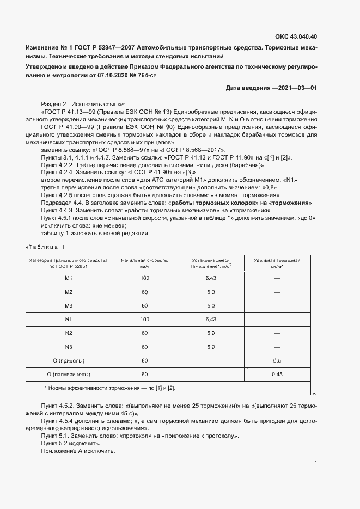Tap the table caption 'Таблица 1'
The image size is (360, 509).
point(48,248)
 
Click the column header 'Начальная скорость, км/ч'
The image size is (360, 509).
point(144,263)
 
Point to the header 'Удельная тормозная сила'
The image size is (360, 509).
point(277,263)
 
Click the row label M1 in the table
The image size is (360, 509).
point(69,278)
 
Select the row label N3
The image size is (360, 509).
point(69,347)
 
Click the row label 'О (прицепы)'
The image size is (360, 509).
point(69,360)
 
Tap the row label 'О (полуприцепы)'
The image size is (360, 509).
point(69,375)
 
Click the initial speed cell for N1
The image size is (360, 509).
point(144,319)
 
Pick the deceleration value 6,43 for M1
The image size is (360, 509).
point(211,278)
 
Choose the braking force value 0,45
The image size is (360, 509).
point(277,375)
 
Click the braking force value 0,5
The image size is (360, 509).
point(277,360)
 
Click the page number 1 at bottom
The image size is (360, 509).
point(316,463)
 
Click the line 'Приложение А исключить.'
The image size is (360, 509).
point(78,451)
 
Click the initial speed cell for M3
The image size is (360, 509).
point(144,305)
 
